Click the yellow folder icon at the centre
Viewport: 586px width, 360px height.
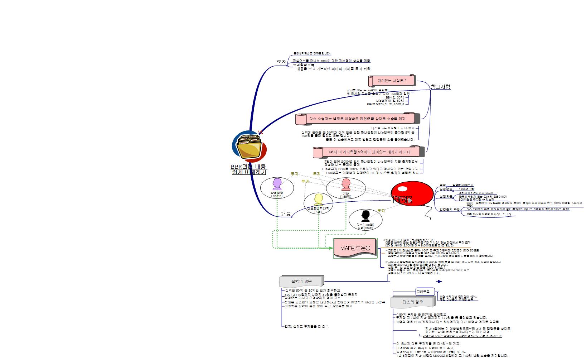(x=250, y=147)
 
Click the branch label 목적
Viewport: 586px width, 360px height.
(x=282, y=63)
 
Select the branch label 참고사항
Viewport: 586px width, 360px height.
(x=440, y=87)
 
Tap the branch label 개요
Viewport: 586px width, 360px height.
(x=286, y=214)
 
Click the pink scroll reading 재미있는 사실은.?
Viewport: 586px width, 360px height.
(x=392, y=81)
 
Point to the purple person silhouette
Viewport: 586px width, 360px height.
(x=277, y=184)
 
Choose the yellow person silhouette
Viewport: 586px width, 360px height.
(x=318, y=199)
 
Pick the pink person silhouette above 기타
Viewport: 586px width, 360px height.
(x=345, y=184)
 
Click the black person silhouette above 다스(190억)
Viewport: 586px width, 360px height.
(x=365, y=216)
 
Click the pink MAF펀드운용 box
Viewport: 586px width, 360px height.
(x=355, y=248)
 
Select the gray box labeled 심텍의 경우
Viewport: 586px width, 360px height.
(x=301, y=281)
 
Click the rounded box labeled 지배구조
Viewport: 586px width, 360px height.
(x=425, y=292)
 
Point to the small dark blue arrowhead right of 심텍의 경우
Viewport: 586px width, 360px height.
(x=440, y=282)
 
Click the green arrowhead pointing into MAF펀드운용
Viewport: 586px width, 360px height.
(x=331, y=248)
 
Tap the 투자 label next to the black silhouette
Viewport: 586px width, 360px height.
(x=381, y=211)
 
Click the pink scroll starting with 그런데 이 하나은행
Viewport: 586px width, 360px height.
(x=368, y=152)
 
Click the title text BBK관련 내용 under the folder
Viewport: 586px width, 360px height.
(x=248, y=167)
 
